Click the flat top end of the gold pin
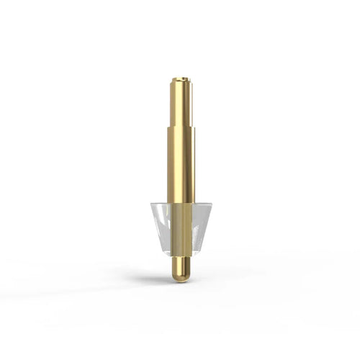tap(181, 79)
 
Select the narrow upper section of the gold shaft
tap(181, 104)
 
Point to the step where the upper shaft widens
tap(181, 127)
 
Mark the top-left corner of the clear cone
tap(150, 204)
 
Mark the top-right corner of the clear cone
tap(212, 204)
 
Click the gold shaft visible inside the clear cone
tap(181, 227)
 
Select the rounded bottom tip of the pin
tap(181, 278)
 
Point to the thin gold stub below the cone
tap(181, 265)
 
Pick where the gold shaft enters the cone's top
tap(181, 204)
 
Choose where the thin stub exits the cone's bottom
tap(181, 256)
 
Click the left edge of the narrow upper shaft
tap(172, 104)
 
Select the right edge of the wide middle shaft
tap(194, 166)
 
